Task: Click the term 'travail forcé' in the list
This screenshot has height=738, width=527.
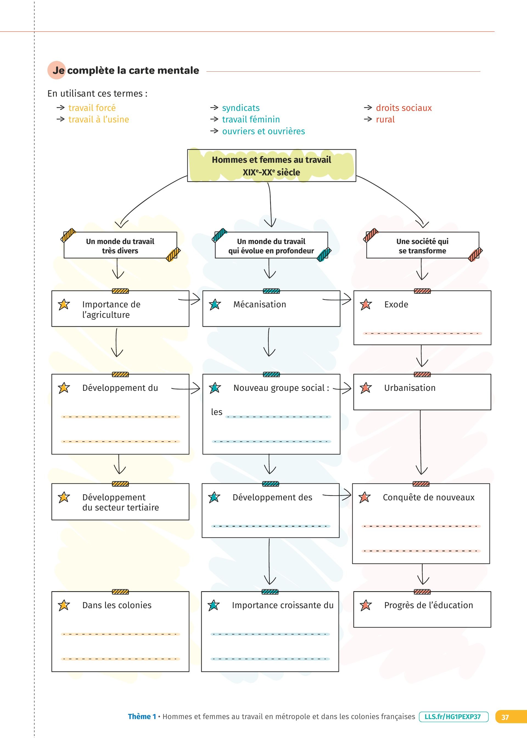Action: coord(92,108)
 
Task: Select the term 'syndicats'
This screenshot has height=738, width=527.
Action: coord(241,108)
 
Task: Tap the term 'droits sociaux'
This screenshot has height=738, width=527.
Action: coord(404,108)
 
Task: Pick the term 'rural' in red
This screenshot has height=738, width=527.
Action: coord(385,119)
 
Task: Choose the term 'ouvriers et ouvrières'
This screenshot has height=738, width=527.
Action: coord(263,131)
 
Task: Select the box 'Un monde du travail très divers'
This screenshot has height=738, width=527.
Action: coord(120,246)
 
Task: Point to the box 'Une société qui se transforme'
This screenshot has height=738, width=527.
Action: coord(422,246)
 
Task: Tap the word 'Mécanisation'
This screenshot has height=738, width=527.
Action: coord(260,304)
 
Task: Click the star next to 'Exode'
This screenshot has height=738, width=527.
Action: coord(366,305)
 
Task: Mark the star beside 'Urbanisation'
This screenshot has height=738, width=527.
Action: coord(366,388)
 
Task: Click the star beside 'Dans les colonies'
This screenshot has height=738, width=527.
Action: coord(64,605)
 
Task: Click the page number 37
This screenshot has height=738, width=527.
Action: coord(505,717)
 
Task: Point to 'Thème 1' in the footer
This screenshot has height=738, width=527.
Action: coord(142,717)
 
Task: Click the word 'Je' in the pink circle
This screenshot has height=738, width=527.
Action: coord(58,70)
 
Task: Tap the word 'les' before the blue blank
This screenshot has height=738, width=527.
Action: coord(217,412)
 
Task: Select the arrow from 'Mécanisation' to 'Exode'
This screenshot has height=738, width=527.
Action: coord(338,299)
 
